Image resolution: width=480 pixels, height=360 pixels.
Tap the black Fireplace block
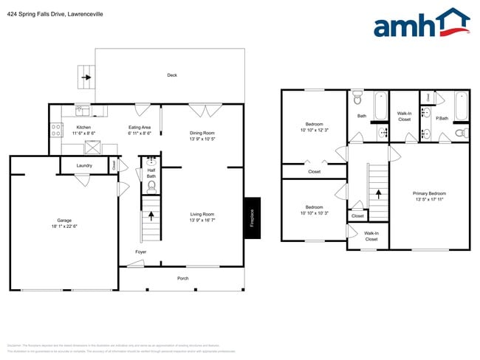tap(252, 218)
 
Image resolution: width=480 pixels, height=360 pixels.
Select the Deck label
tap(172, 75)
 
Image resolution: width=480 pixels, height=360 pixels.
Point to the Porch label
tap(182, 278)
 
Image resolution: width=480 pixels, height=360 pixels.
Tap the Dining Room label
tap(202, 134)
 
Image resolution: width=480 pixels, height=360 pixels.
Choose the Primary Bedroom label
tap(430, 193)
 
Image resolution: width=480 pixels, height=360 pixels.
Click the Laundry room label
tap(84, 165)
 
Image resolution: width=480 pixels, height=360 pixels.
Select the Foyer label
tap(140, 252)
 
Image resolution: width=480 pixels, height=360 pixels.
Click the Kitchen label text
tap(83, 128)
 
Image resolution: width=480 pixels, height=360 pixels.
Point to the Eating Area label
tap(140, 128)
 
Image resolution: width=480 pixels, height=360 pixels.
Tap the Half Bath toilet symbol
tap(151, 187)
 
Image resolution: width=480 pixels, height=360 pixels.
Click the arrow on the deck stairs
tap(86, 76)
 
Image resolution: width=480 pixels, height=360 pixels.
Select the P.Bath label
tap(442, 118)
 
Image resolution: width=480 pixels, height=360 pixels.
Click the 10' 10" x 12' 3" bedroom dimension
tap(314, 131)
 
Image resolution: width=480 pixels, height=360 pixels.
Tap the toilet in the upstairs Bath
tap(357, 97)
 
